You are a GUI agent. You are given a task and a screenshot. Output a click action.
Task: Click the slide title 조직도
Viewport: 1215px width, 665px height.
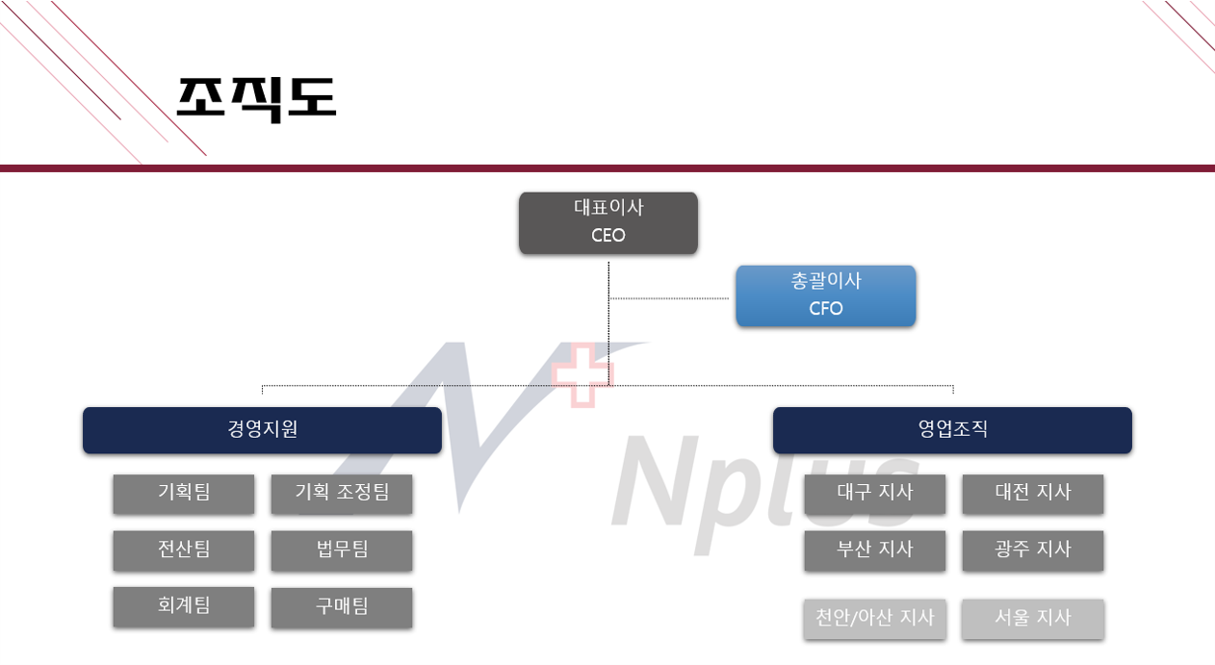point(256,97)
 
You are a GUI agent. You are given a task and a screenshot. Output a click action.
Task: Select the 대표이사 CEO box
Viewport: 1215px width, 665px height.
point(608,222)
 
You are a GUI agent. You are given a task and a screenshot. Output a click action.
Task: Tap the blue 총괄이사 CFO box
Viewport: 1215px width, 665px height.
point(826,295)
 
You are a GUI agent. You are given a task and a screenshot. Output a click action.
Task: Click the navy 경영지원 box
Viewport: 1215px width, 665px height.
point(262,429)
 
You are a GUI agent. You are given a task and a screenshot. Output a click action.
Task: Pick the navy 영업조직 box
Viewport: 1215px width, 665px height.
point(952,429)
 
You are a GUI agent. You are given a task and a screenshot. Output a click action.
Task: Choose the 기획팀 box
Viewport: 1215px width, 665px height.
point(184,494)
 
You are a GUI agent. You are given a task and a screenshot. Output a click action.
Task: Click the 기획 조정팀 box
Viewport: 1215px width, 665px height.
point(342,494)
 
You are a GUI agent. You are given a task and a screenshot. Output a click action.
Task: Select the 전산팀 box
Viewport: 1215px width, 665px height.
point(184,550)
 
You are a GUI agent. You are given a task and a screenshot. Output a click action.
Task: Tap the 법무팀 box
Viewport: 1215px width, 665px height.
point(342,550)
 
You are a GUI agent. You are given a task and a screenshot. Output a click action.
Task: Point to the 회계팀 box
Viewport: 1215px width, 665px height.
point(184,606)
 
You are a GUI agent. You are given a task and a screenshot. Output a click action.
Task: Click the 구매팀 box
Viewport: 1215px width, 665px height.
point(342,607)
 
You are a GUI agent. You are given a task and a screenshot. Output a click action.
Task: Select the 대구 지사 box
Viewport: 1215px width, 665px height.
point(875,494)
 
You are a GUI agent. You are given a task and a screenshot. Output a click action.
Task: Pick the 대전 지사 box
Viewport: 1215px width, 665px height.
point(1033,494)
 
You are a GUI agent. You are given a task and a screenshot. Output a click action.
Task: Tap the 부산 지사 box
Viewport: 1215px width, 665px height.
point(875,550)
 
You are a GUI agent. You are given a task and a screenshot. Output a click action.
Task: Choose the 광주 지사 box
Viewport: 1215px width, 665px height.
point(1033,550)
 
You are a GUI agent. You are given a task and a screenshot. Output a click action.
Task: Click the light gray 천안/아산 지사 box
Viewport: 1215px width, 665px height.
point(875,619)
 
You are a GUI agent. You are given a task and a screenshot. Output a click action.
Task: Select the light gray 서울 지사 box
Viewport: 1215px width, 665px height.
point(1033,619)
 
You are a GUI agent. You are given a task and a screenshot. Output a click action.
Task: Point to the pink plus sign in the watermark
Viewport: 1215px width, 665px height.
point(582,374)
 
